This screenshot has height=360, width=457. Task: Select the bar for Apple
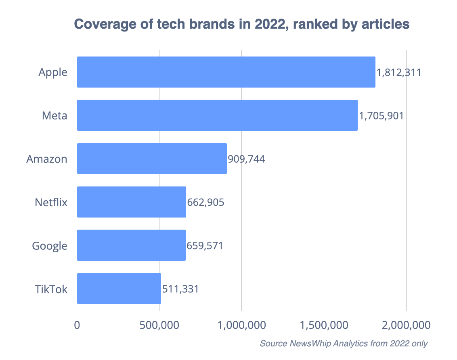click(x=226, y=72)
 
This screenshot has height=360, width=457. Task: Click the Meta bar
click(x=217, y=115)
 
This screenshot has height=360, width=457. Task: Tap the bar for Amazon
click(x=152, y=159)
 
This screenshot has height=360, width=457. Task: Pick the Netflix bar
click(x=132, y=202)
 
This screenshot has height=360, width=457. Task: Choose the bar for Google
click(x=131, y=245)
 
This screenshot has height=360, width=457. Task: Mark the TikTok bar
click(x=119, y=288)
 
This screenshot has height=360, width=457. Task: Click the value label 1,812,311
click(x=399, y=73)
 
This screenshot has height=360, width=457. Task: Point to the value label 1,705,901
click(x=381, y=116)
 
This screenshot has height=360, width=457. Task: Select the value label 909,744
click(x=246, y=159)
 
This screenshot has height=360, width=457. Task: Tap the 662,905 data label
click(x=205, y=202)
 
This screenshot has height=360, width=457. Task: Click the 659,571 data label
click(x=205, y=245)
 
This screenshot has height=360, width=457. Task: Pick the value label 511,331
click(x=180, y=289)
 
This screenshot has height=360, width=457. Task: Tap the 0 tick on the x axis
click(x=77, y=324)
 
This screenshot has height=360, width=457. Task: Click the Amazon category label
click(x=47, y=159)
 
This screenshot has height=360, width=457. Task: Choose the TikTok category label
click(x=51, y=289)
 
